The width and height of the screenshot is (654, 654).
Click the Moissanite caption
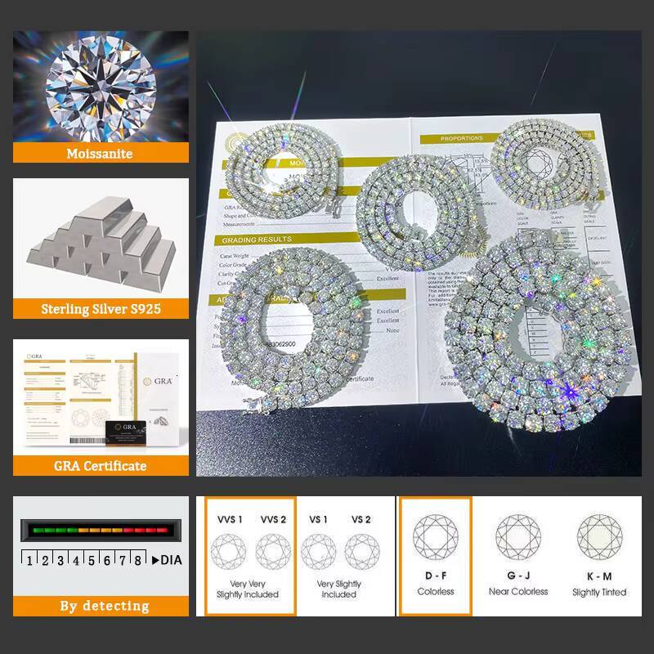tap(101, 153)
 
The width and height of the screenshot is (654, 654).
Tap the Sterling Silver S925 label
tap(101, 309)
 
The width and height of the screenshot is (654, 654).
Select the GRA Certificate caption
tap(101, 465)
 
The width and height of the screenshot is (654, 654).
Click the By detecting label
tap(104, 606)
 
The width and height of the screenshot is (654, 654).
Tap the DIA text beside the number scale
tap(170, 560)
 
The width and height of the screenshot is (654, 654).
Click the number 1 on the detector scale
tap(30, 561)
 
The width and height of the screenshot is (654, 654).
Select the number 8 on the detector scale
tap(137, 561)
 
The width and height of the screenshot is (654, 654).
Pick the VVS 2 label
tap(274, 519)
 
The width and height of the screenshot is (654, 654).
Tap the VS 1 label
tap(317, 519)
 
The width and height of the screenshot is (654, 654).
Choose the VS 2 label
tap(361, 519)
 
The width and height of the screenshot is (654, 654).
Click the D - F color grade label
tap(435, 576)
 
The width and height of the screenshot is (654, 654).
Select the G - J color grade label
tap(517, 576)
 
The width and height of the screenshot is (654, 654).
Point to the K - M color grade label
tap(599, 576)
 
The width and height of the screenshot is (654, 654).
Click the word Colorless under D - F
tap(435, 591)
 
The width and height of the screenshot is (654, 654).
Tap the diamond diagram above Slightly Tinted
tap(599, 537)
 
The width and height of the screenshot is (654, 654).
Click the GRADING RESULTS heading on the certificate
tap(257, 240)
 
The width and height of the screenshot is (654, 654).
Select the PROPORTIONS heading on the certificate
tap(462, 139)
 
